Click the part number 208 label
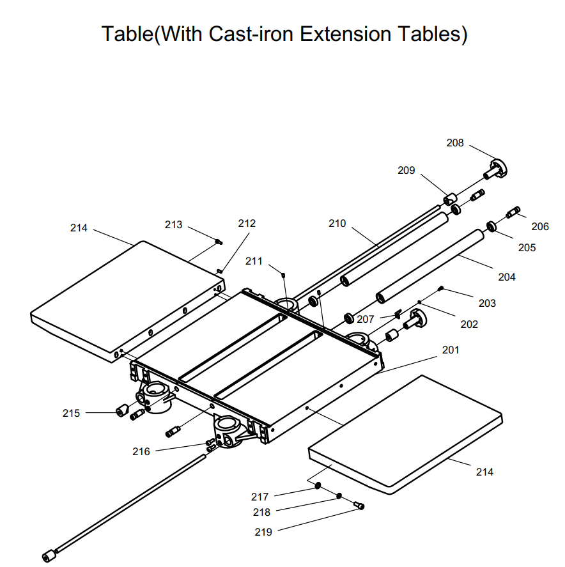455,143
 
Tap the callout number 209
406,171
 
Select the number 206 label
540,226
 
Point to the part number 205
527,247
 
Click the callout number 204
507,277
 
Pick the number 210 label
337,223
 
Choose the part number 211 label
254,261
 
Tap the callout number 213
173,224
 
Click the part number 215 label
72,413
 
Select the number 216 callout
141,451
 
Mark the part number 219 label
263,532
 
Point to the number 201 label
450,350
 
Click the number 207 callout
366,319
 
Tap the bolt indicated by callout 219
359,506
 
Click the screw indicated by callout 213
218,242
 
